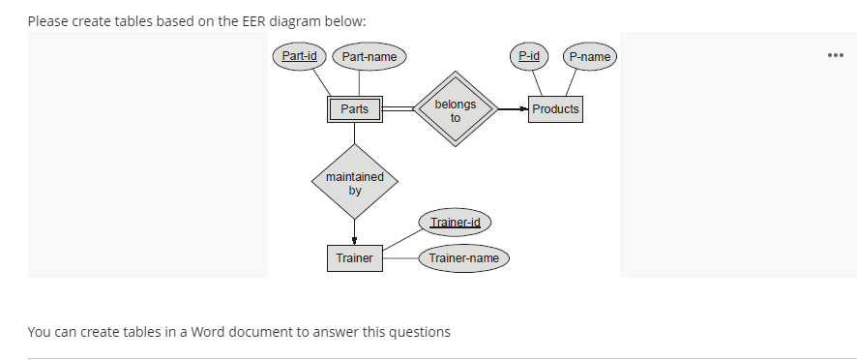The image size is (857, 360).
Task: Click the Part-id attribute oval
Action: point(298,56)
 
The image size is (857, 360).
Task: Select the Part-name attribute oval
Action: point(369,57)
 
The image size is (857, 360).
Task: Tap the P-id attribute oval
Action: point(529,56)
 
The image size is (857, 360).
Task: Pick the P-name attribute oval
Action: point(589,57)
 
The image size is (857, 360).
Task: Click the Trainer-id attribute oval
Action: point(455,223)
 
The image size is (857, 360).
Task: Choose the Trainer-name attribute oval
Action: point(463,258)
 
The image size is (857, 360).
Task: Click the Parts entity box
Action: point(354,109)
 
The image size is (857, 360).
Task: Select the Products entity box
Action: point(555,109)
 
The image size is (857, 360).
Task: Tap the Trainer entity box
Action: point(354,258)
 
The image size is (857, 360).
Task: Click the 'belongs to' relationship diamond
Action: point(456,109)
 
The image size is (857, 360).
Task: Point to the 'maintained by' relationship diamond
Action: point(354,184)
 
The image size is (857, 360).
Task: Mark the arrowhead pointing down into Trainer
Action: point(354,242)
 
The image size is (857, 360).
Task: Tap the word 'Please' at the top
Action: point(48,21)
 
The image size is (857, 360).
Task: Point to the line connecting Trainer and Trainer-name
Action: point(400,258)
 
